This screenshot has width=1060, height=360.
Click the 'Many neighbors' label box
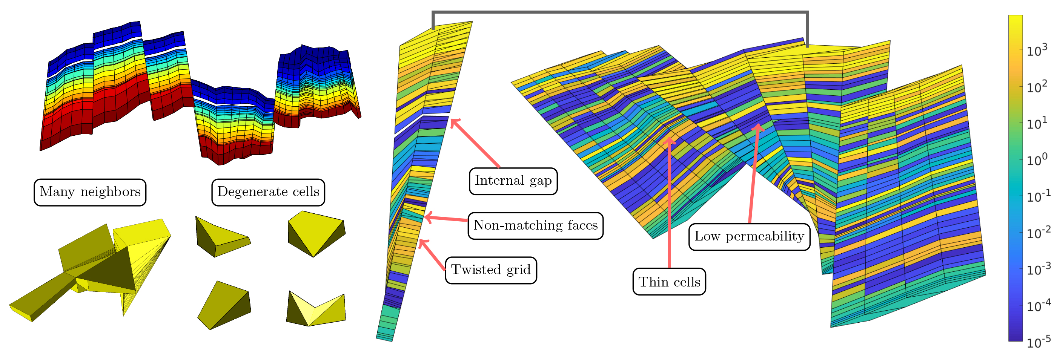(90, 192)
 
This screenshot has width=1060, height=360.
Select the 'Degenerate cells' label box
(268, 192)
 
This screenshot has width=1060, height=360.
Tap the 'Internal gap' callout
(513, 181)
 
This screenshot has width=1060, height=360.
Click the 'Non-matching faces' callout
(535, 225)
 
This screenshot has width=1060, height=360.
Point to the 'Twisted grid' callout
(491, 270)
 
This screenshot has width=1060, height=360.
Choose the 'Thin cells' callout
(669, 282)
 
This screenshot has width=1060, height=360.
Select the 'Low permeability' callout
(749, 237)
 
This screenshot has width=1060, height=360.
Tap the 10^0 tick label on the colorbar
(1037, 159)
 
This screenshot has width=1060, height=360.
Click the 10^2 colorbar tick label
(1037, 86)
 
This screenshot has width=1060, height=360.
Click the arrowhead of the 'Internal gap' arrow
(453, 121)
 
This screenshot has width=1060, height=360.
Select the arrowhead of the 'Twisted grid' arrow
(421, 242)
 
